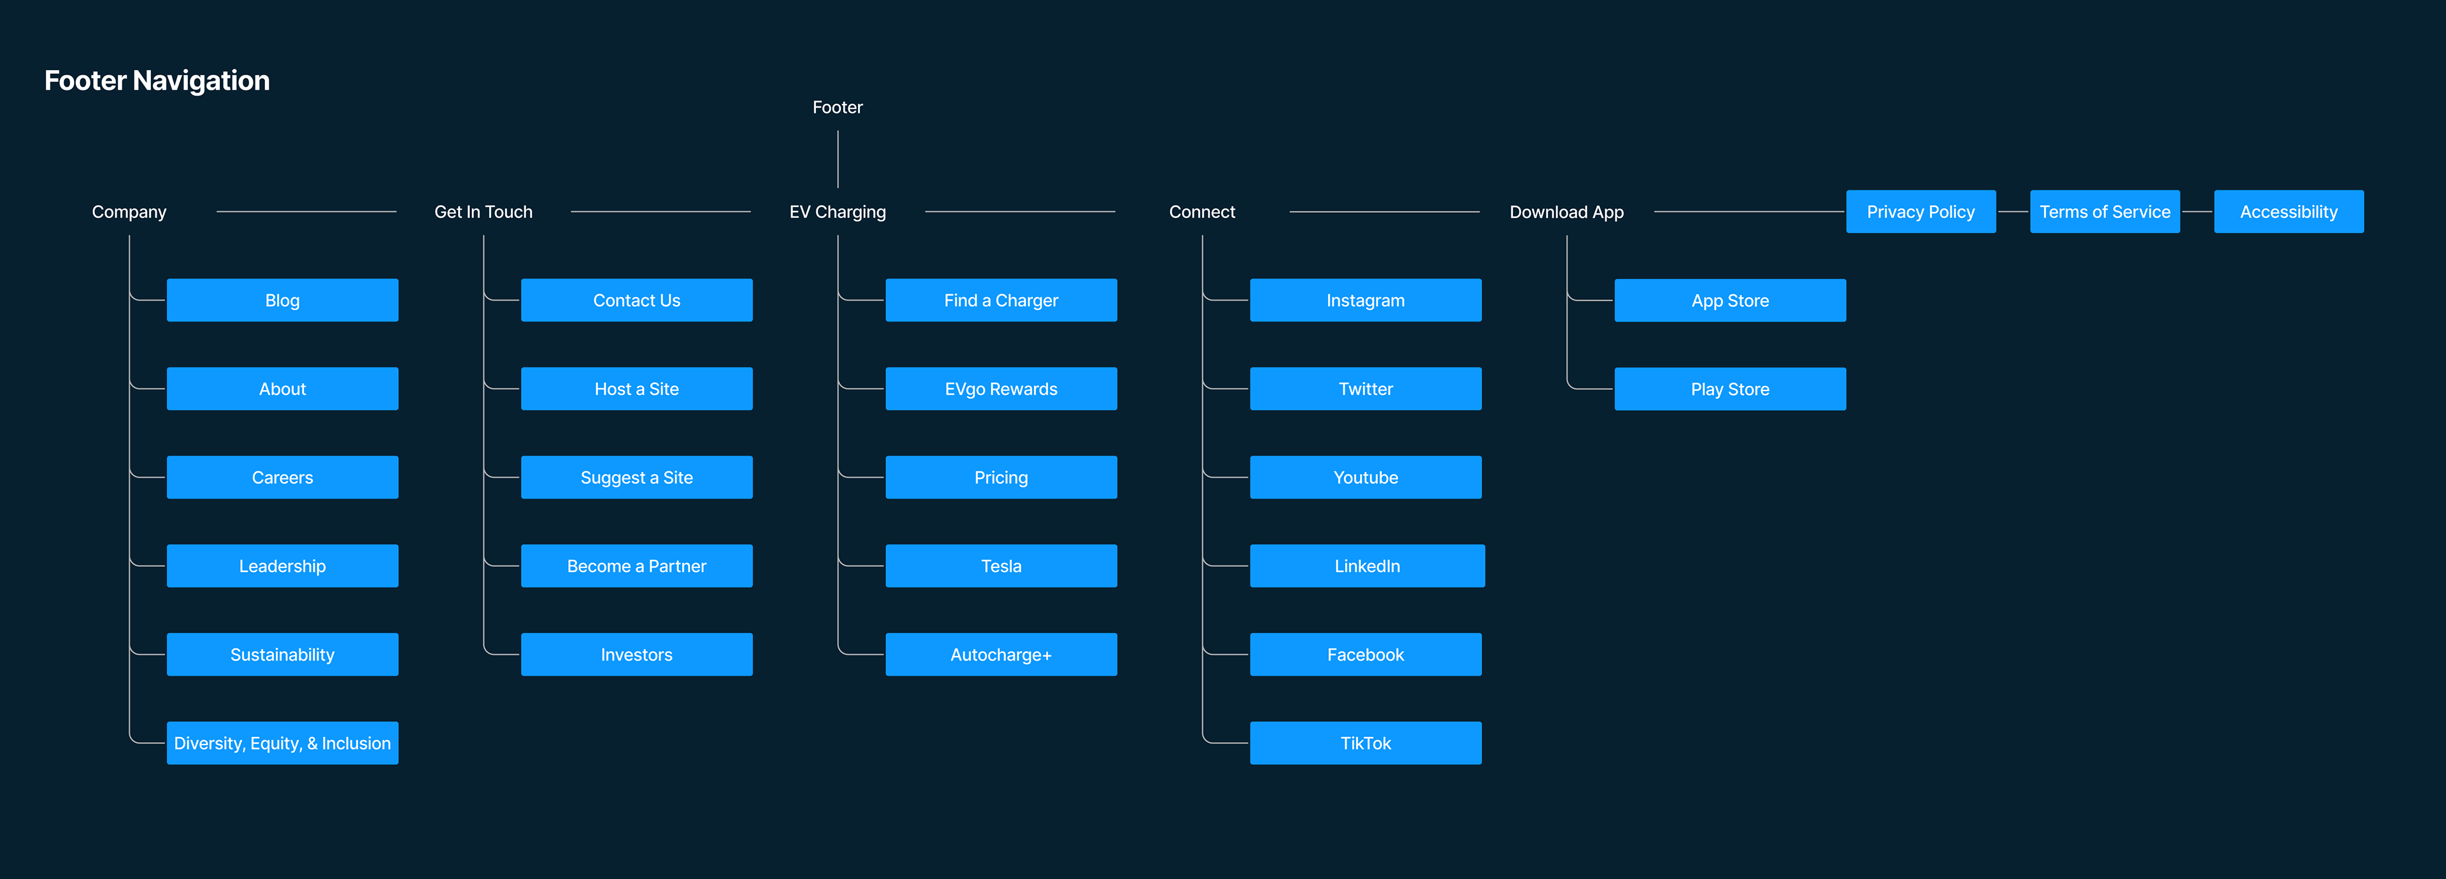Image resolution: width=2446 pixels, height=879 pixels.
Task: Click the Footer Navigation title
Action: point(157,81)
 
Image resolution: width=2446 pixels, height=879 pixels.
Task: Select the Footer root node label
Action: point(838,107)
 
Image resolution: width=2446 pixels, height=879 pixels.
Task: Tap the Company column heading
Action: point(129,211)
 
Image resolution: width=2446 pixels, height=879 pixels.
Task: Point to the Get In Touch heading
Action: point(483,211)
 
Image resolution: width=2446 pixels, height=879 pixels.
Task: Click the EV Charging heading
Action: point(838,211)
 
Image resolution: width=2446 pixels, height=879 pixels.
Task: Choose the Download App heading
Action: point(1567,211)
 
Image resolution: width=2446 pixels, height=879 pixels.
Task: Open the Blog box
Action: point(283,300)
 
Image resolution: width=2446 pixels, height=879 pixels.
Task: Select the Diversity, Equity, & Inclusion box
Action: point(283,743)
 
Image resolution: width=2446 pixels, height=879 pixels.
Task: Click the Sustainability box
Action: point(283,654)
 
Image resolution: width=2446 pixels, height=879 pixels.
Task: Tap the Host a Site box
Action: point(637,389)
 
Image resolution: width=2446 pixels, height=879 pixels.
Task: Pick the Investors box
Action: point(637,654)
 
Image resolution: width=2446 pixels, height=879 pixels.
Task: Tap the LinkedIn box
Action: point(1368,566)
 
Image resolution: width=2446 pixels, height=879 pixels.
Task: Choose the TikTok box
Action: point(1366,743)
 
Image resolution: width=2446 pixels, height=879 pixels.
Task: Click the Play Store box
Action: point(1730,389)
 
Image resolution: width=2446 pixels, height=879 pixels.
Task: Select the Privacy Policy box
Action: point(1921,211)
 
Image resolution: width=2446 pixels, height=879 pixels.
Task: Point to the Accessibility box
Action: point(2289,211)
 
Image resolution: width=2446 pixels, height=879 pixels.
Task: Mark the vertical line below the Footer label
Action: point(838,159)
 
